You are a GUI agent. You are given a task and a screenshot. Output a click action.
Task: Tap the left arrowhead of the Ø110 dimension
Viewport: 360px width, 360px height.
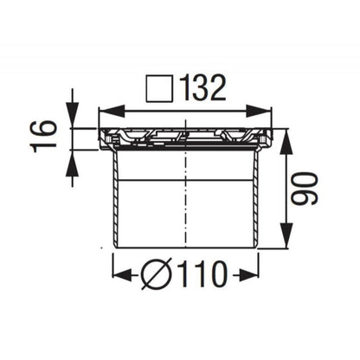point(119,276)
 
